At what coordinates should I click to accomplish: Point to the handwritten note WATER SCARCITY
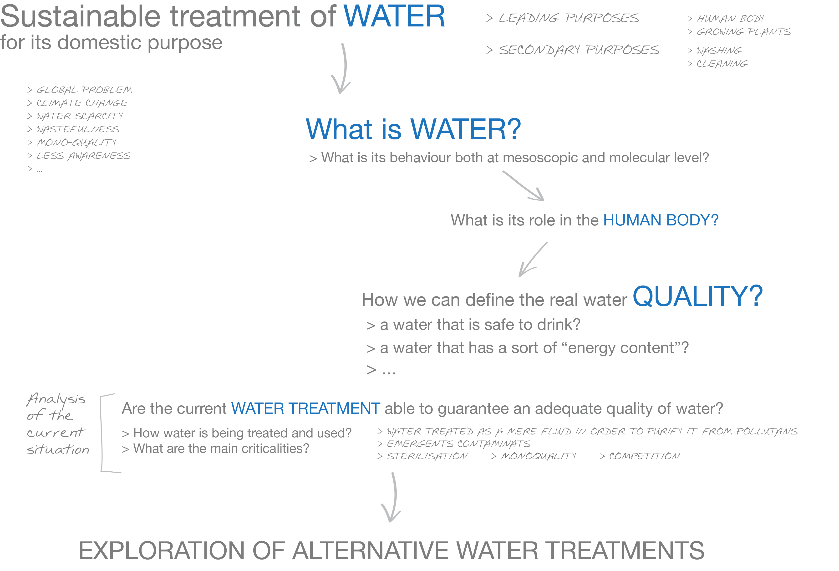tap(80, 116)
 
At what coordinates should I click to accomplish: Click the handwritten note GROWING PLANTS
tap(743, 32)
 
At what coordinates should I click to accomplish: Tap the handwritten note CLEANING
tap(722, 64)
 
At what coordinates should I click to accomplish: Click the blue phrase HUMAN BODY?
tap(661, 220)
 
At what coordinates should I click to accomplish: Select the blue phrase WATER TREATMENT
tap(305, 408)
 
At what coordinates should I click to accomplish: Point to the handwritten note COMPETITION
tap(644, 456)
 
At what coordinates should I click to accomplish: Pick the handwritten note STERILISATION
tap(427, 456)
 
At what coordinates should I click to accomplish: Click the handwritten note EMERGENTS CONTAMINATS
tap(458, 444)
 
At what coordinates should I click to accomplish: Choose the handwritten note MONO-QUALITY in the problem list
tap(76, 142)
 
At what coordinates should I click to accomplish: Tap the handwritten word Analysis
tap(56, 399)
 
